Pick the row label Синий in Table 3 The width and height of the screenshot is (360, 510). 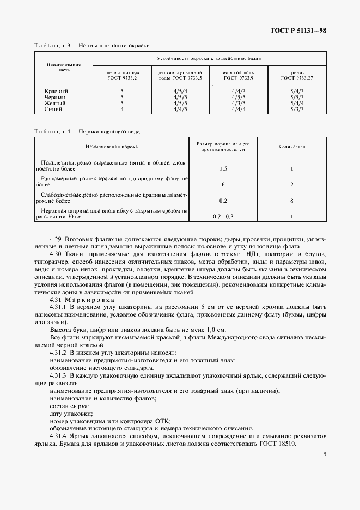53,109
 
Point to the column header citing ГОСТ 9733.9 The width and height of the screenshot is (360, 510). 237,75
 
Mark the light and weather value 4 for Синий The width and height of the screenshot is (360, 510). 122,109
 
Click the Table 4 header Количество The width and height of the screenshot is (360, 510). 291,147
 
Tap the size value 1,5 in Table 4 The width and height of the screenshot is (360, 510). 223,169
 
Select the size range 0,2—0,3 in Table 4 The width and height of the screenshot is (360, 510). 223,216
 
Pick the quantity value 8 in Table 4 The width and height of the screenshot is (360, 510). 292,201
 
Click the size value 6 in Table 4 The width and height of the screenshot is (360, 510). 223,185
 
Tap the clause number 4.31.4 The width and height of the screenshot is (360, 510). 59,436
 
